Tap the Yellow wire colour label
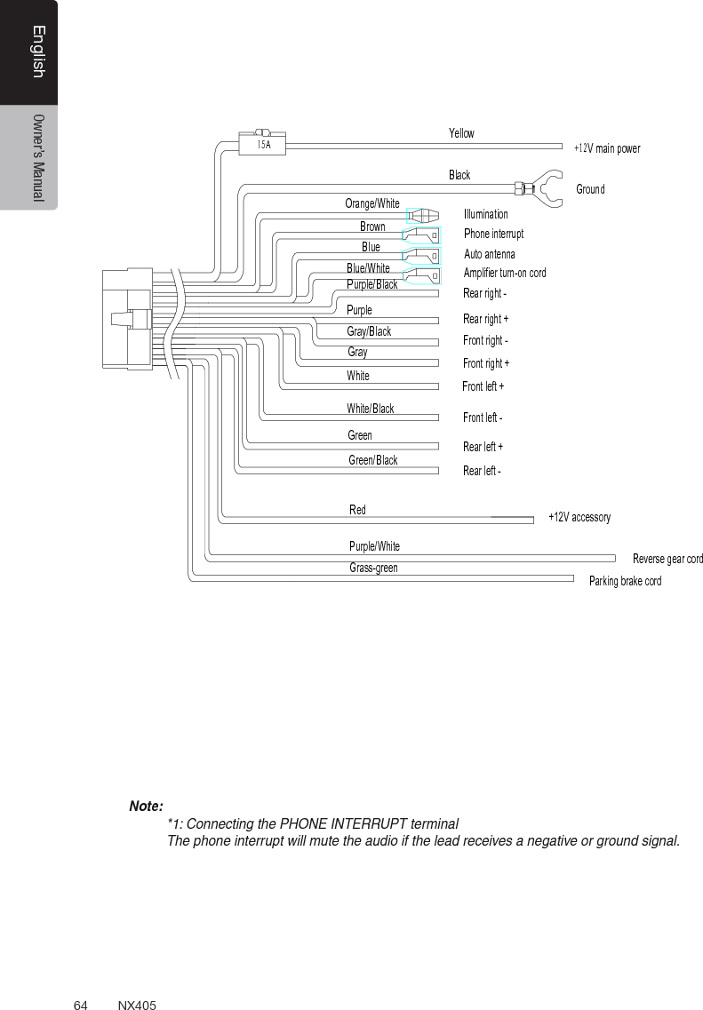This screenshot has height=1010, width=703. (x=461, y=133)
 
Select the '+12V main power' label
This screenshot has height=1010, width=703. (x=607, y=148)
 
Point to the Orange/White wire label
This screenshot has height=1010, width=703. (x=372, y=203)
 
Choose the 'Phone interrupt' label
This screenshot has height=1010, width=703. (x=493, y=234)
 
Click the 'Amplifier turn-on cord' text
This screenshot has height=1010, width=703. (x=505, y=273)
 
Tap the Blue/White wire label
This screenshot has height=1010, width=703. (x=368, y=267)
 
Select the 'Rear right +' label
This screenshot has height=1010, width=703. (x=485, y=319)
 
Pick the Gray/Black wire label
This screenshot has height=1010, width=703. (x=369, y=331)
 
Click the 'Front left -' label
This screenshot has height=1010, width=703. (x=483, y=418)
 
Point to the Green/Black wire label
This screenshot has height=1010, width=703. (x=373, y=460)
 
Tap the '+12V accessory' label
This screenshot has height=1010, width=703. (x=579, y=517)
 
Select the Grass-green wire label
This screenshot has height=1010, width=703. (x=373, y=568)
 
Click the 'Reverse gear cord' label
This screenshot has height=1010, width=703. (x=667, y=559)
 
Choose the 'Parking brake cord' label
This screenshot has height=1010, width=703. (x=625, y=581)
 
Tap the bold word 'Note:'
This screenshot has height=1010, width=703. (x=146, y=807)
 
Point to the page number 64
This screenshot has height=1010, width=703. (x=80, y=1005)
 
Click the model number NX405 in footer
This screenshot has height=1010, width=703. (x=137, y=1005)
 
